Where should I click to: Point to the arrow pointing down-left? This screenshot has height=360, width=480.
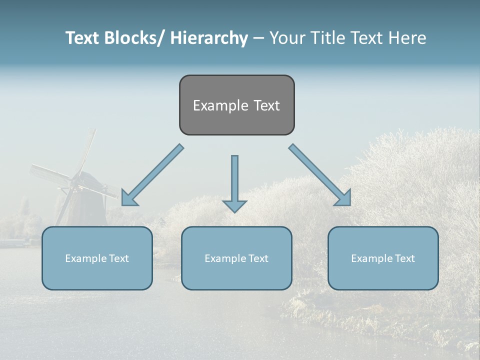click(152, 175)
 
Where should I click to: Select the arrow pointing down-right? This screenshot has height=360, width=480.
click(320, 175)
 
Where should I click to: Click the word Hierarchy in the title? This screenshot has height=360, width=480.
click(209, 38)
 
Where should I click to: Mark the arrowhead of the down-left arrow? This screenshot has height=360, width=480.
click(128, 198)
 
